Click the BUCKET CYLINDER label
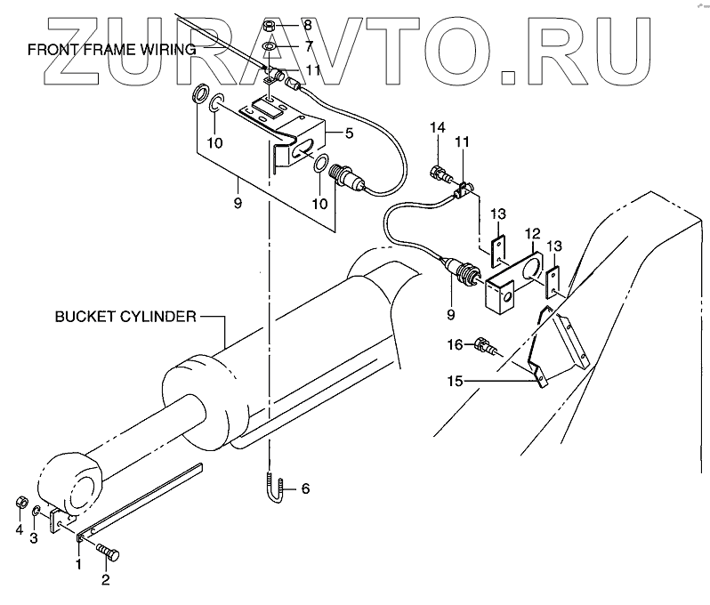point(123,316)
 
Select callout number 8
point(308,26)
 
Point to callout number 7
point(308,45)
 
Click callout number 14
point(437,130)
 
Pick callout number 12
point(531,233)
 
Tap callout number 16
point(455,343)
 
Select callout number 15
point(455,383)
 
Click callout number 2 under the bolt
point(105,583)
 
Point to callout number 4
point(19,531)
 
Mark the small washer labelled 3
point(36,513)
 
